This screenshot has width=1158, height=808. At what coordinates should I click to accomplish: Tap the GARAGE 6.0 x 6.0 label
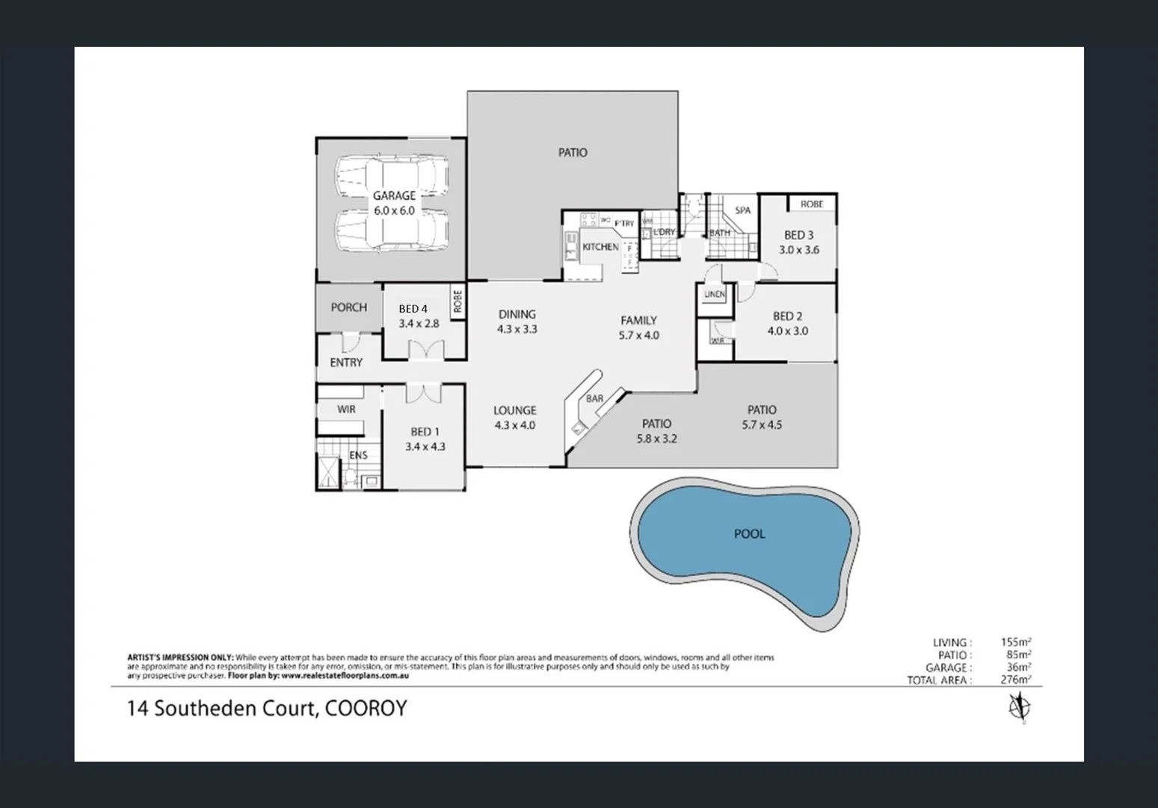click(x=394, y=203)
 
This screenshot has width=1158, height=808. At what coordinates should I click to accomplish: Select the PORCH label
click(x=348, y=307)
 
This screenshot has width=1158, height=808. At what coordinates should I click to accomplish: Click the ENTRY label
click(x=346, y=362)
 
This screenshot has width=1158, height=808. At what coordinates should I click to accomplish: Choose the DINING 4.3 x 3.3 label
click(x=517, y=321)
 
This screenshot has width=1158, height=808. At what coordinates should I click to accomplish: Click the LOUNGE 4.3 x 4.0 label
click(x=514, y=417)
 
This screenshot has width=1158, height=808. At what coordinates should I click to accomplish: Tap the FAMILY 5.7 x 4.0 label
click(x=638, y=328)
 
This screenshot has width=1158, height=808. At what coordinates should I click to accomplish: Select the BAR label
click(x=594, y=399)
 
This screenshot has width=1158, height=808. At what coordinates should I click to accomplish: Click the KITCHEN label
click(x=600, y=247)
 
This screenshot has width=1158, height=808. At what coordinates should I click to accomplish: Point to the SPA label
click(x=742, y=210)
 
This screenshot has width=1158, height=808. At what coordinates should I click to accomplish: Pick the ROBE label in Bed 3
click(x=811, y=204)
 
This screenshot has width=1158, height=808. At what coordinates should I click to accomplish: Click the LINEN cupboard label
click(x=715, y=295)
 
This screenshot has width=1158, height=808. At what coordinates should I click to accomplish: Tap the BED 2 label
click(x=787, y=323)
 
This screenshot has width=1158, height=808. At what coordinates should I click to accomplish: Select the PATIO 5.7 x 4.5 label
click(x=762, y=417)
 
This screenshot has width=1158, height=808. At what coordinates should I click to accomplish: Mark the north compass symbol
click(x=1017, y=706)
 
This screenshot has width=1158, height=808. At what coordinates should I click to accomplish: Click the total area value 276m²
click(x=1016, y=680)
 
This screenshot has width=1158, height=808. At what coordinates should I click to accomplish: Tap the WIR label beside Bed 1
click(x=346, y=409)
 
